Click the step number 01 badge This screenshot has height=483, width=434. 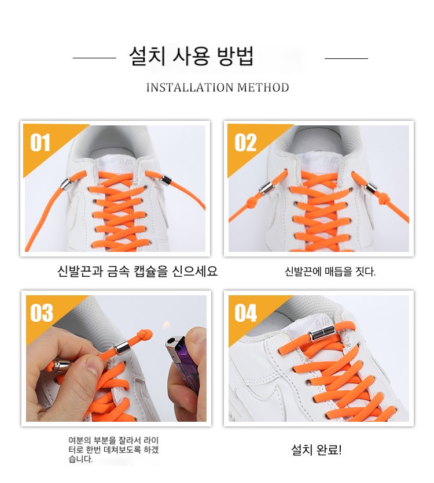(x=40, y=143)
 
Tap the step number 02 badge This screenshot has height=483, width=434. (x=245, y=143)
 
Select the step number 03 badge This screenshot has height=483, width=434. (x=42, y=313)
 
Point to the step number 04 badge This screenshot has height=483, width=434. (x=245, y=313)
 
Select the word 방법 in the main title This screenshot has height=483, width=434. (x=235, y=56)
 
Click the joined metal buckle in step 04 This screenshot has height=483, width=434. (x=321, y=333)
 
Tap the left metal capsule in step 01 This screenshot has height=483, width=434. (x=67, y=184)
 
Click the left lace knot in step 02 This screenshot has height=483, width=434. (x=251, y=202)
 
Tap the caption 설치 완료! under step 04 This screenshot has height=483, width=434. (x=317, y=449)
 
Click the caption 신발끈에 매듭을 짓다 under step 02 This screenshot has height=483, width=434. (x=330, y=272)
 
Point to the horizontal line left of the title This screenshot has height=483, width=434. (x=94, y=58)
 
